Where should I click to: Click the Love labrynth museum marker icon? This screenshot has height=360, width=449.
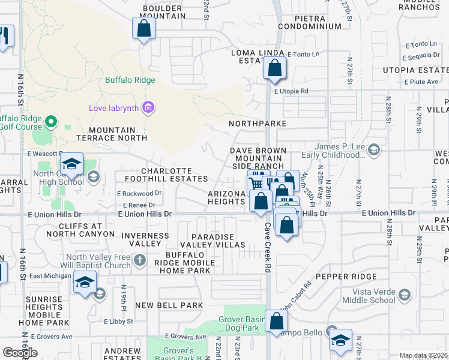148,109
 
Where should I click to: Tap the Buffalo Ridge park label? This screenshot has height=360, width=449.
130,80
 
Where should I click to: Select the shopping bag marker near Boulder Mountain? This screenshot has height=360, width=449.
143,28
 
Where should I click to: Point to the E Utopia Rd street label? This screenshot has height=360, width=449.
291,91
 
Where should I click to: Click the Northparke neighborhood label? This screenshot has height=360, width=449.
261,123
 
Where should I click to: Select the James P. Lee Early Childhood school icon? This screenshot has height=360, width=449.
374,149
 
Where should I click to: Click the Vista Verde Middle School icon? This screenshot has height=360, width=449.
406,295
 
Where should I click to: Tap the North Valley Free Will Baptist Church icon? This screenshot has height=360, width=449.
140,260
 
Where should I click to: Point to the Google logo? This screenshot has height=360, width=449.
20,352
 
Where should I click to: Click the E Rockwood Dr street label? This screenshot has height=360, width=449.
139,193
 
